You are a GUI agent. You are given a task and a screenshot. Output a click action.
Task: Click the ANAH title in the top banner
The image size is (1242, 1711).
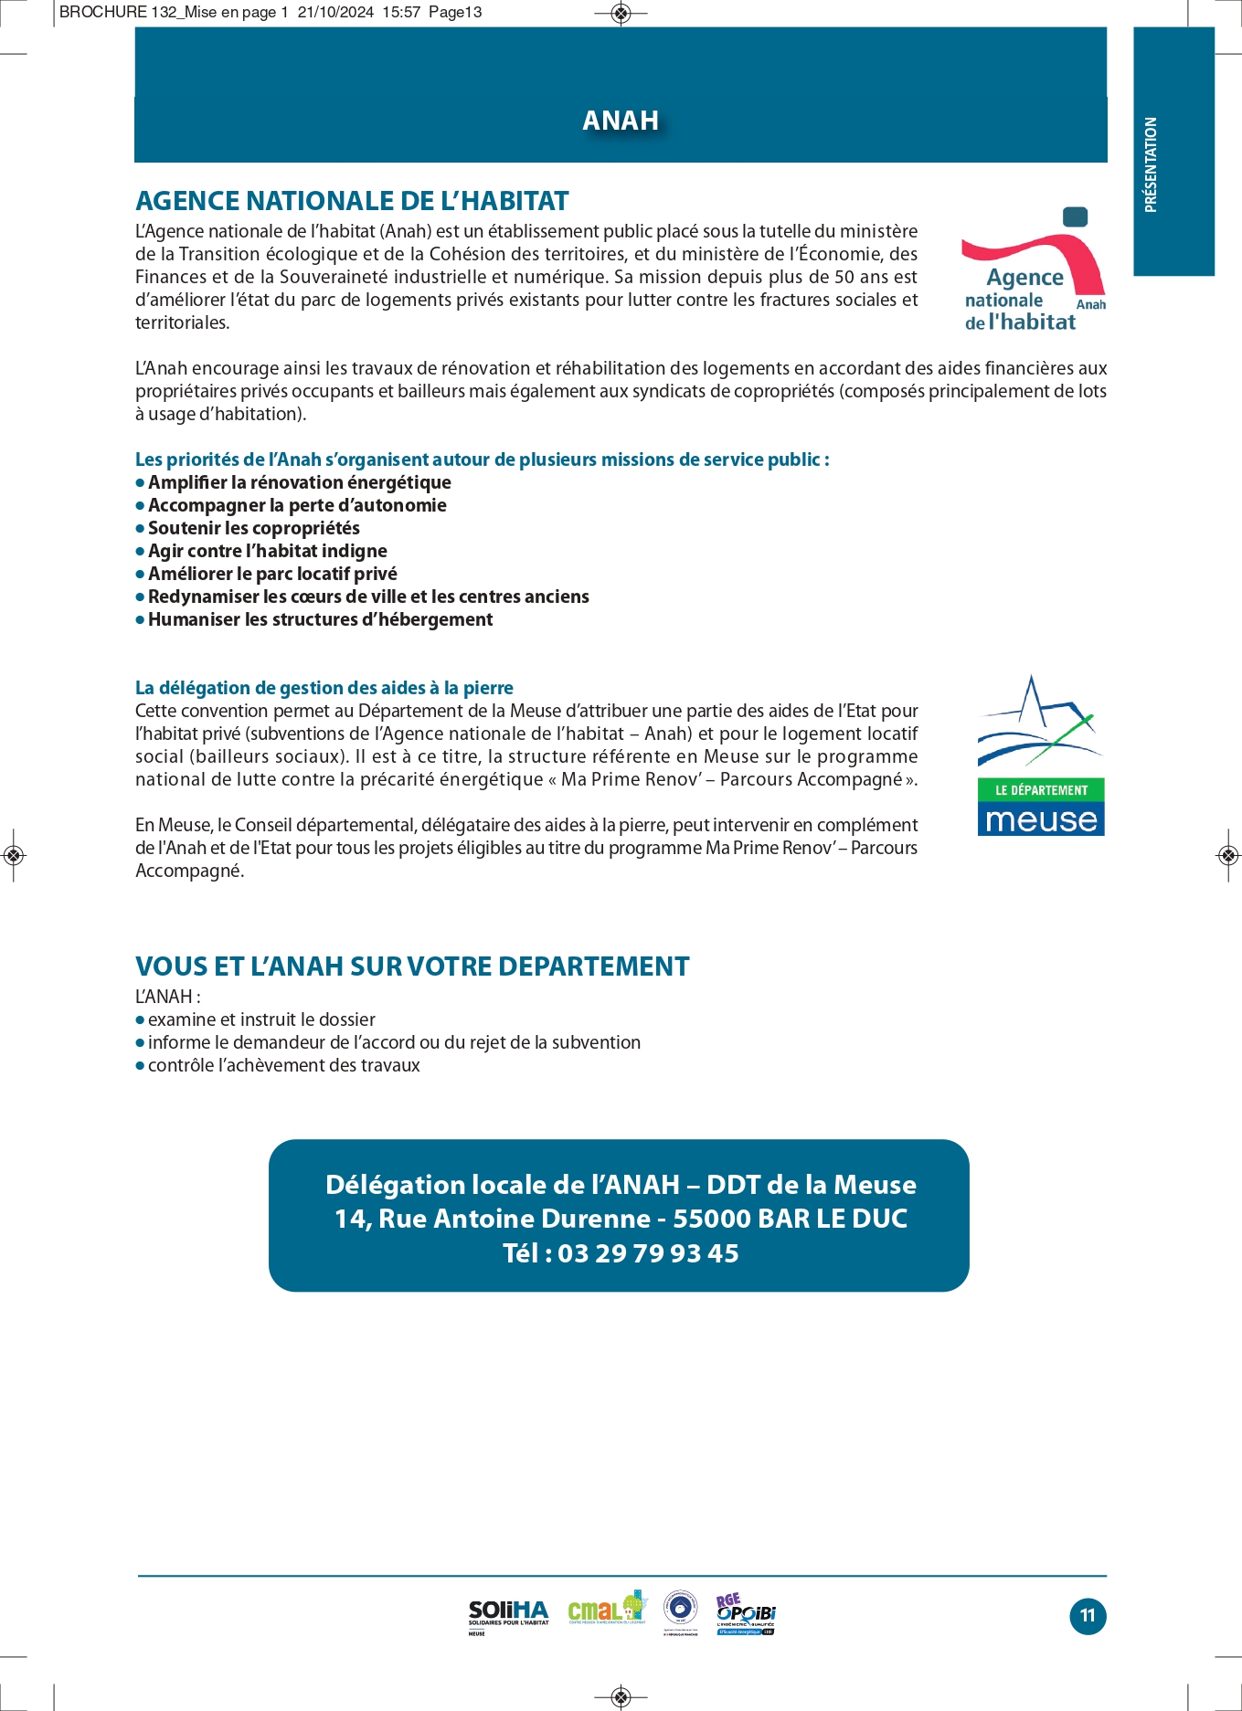pyautogui.click(x=621, y=121)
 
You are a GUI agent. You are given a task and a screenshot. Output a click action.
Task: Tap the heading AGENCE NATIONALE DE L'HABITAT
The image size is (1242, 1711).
pyautogui.click(x=352, y=201)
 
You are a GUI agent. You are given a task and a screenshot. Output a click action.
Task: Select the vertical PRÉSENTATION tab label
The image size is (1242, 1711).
pyautogui.click(x=1152, y=164)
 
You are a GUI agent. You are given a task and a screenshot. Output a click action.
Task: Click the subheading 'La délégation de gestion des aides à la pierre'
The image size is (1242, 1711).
pyautogui.click(x=324, y=688)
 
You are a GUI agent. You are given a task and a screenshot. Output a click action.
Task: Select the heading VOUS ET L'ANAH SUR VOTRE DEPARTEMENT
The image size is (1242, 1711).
pyautogui.click(x=412, y=966)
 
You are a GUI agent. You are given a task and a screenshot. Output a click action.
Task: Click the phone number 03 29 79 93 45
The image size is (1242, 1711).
pyautogui.click(x=648, y=1253)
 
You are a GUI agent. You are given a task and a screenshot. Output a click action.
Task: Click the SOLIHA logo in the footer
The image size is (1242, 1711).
pyautogui.click(x=508, y=1615)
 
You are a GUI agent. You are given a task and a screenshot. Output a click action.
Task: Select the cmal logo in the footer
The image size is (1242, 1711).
pyautogui.click(x=606, y=1611)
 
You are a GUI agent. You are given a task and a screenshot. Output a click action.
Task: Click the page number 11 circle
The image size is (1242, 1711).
pyautogui.click(x=1088, y=1616)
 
